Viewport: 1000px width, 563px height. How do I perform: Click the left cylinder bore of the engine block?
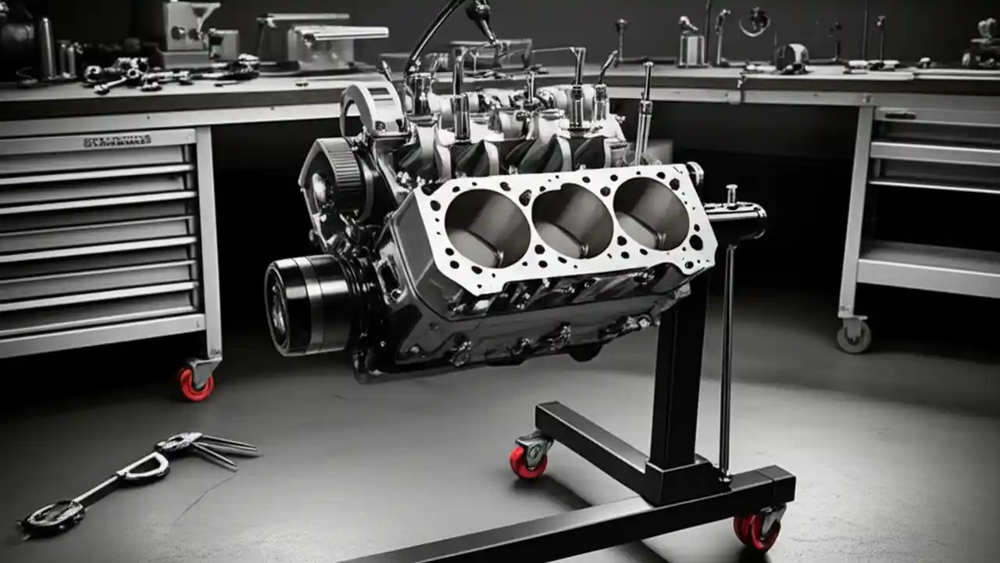(487, 228)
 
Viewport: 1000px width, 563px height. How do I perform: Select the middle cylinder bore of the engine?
(573, 221)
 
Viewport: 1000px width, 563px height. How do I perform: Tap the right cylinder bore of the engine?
(651, 213)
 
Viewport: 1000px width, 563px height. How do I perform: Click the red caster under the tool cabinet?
(195, 385)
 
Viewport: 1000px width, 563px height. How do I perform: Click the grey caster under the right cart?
(852, 336)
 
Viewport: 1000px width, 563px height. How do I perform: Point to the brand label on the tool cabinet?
(117, 142)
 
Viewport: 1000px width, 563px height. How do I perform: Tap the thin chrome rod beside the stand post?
(727, 360)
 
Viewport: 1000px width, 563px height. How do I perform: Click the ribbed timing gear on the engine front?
(341, 176)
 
